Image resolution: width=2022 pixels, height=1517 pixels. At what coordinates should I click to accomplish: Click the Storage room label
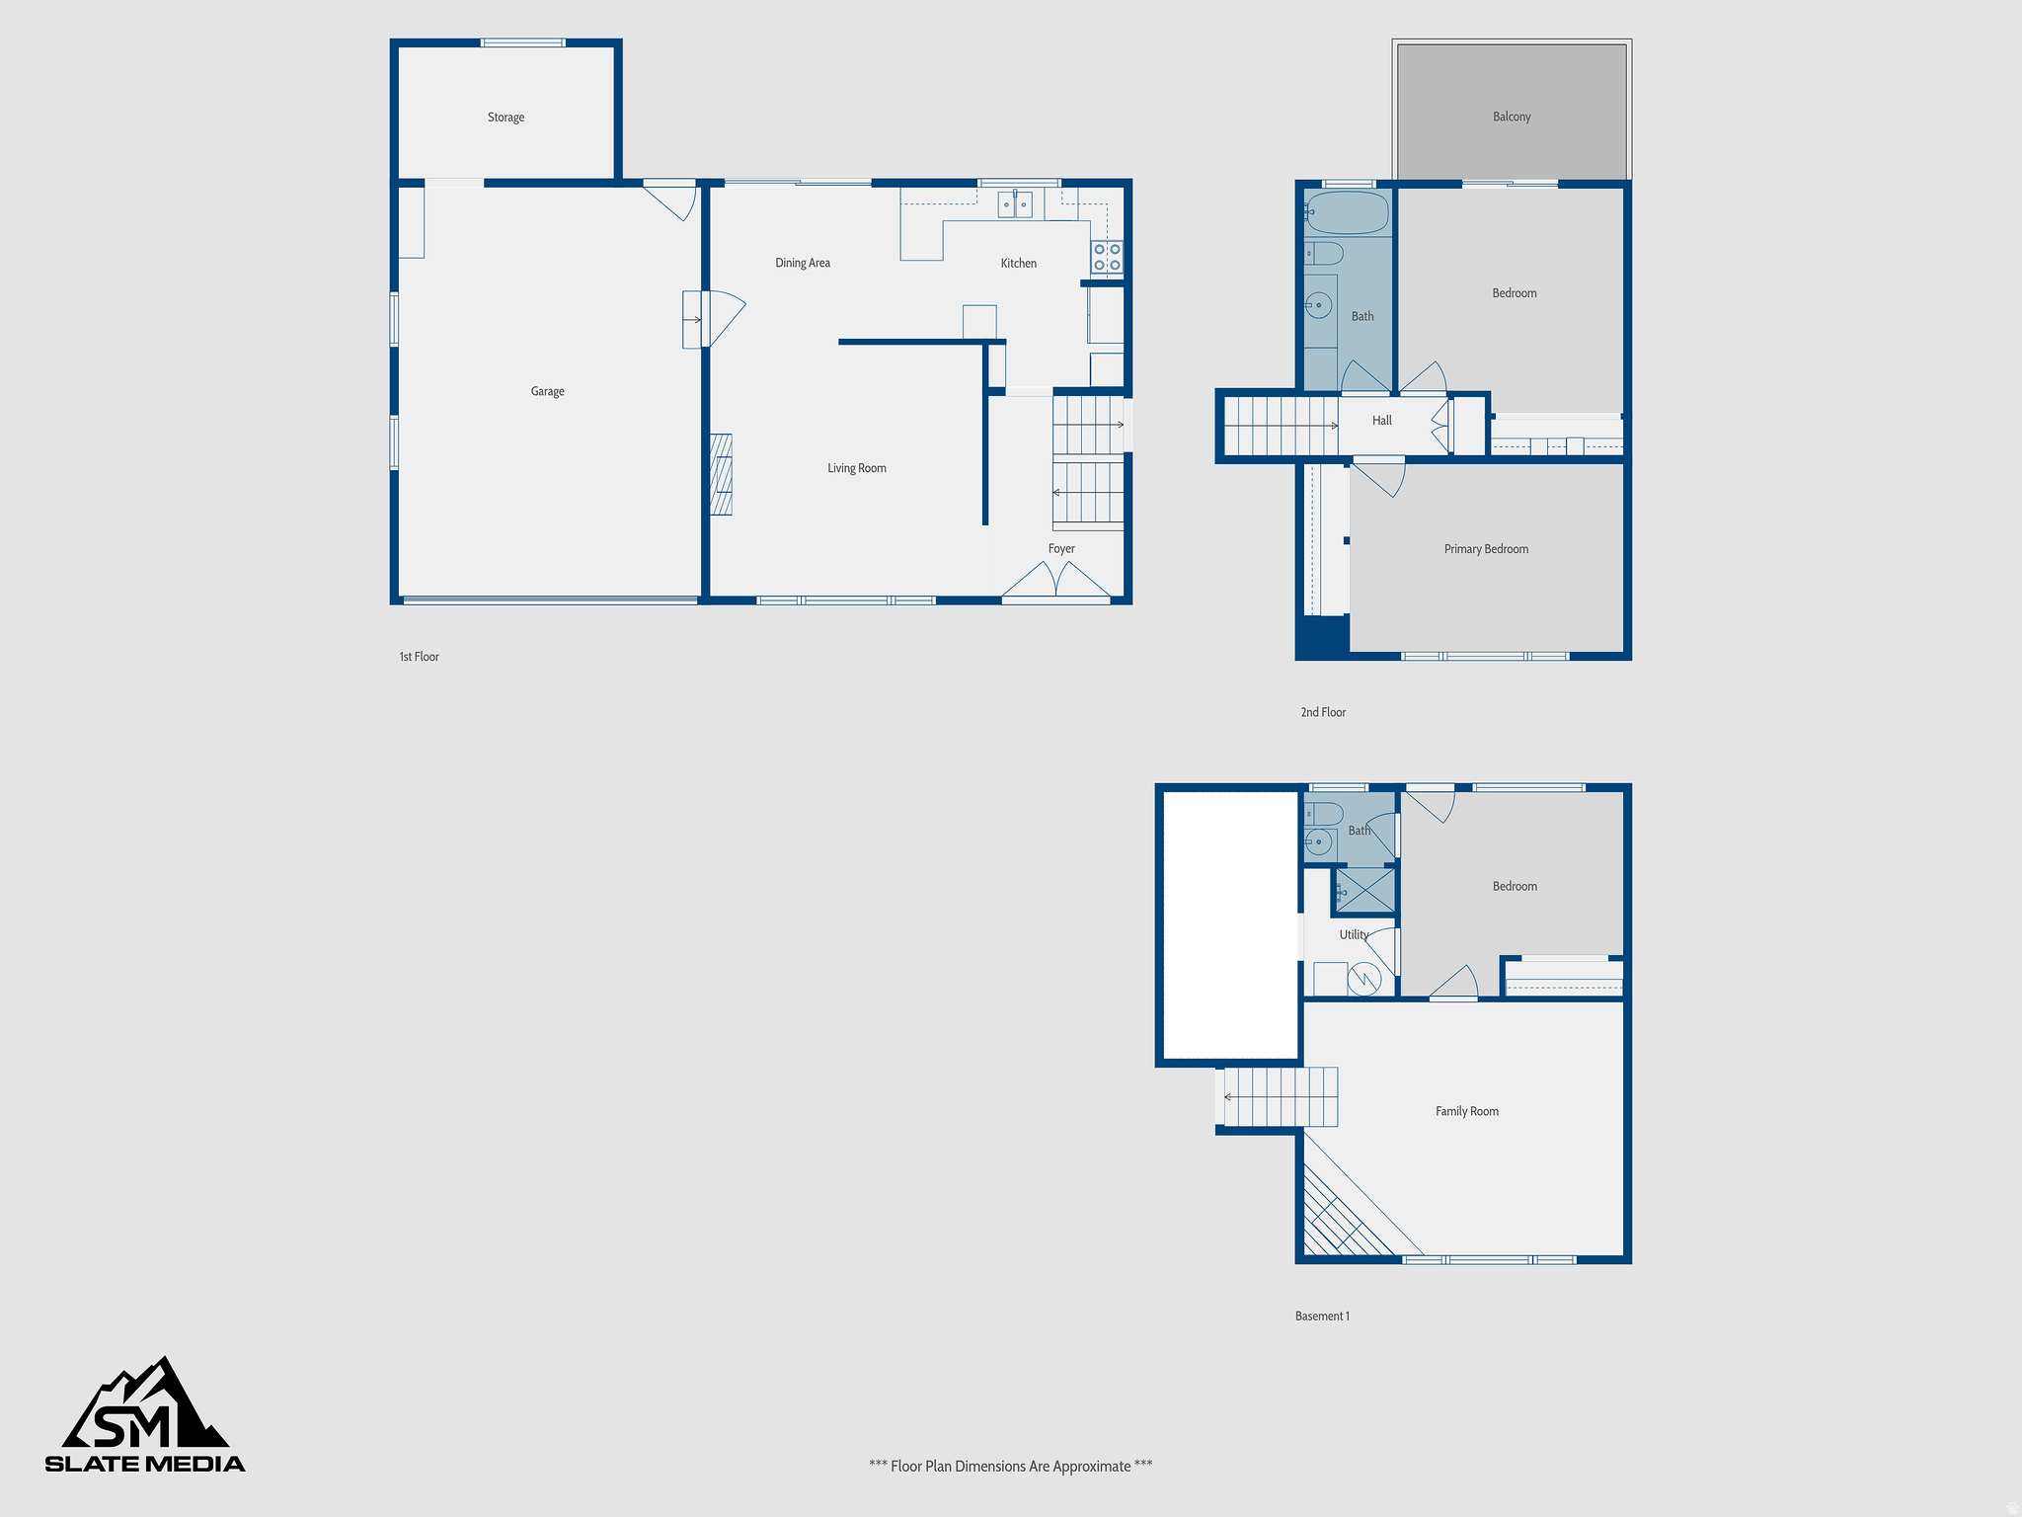click(x=505, y=118)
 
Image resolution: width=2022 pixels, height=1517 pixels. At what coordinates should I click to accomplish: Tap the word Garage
click(x=547, y=391)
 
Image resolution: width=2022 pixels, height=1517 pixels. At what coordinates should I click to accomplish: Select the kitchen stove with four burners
click(x=1106, y=257)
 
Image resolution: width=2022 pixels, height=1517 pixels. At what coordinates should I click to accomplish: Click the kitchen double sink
click(x=1014, y=205)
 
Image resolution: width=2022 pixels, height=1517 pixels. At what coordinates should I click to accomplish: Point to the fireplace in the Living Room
click(x=722, y=474)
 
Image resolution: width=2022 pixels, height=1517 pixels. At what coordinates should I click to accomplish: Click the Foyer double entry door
click(x=1055, y=582)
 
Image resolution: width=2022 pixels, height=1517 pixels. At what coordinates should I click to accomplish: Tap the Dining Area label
click(x=802, y=263)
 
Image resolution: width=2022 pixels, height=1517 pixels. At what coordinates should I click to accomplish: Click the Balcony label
click(x=1511, y=117)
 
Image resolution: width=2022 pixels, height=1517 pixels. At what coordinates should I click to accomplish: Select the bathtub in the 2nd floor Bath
click(x=1348, y=212)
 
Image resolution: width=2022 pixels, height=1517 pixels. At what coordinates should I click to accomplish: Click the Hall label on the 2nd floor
click(x=1381, y=421)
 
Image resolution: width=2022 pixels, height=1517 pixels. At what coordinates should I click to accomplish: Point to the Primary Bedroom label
click(x=1485, y=549)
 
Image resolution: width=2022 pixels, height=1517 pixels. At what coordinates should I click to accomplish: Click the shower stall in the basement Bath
click(x=1365, y=890)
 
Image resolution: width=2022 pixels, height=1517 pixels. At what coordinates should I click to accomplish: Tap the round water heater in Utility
click(x=1364, y=979)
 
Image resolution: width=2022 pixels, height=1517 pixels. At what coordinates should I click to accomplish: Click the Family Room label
click(x=1466, y=1111)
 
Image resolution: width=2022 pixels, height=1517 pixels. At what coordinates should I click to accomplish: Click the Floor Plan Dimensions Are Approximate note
click(x=1010, y=1466)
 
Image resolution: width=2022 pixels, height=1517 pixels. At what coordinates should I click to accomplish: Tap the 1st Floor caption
click(x=419, y=657)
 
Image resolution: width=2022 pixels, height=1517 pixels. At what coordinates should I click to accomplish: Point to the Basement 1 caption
click(x=1321, y=1316)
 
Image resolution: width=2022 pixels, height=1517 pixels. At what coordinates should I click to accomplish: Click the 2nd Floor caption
click(x=1322, y=712)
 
